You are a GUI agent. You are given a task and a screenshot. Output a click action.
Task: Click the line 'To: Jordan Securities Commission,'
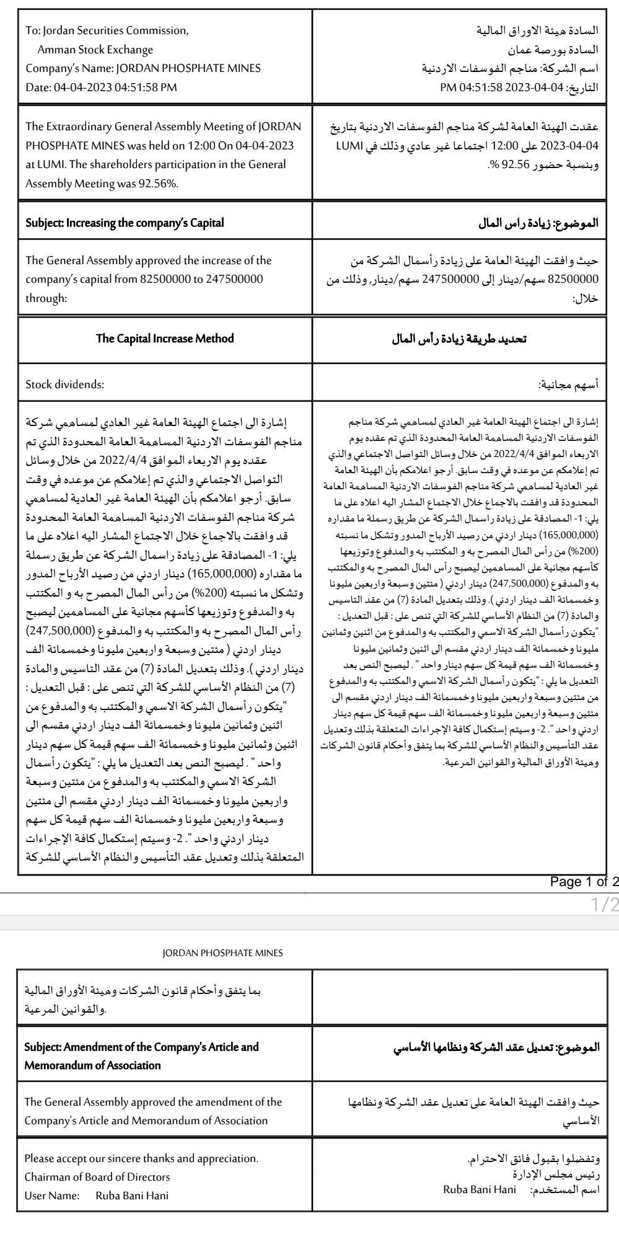[107, 30]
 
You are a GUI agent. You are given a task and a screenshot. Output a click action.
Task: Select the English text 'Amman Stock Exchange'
[95, 50]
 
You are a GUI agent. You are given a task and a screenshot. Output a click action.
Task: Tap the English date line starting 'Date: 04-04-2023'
[101, 87]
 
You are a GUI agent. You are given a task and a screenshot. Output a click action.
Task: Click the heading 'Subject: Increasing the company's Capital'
[125, 223]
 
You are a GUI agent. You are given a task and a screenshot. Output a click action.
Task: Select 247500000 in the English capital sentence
[233, 279]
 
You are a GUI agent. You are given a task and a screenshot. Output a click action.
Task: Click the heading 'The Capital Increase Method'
[165, 339]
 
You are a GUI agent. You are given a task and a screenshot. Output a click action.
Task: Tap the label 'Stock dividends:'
[64, 384]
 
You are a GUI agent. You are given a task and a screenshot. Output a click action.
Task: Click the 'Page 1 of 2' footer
[584, 882]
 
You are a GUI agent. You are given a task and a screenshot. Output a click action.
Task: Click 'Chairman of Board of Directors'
[97, 1176]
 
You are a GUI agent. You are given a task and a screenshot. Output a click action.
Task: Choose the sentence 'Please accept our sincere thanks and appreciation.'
[141, 1158]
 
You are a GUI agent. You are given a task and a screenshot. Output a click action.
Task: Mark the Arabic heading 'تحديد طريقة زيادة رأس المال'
[459, 339]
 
